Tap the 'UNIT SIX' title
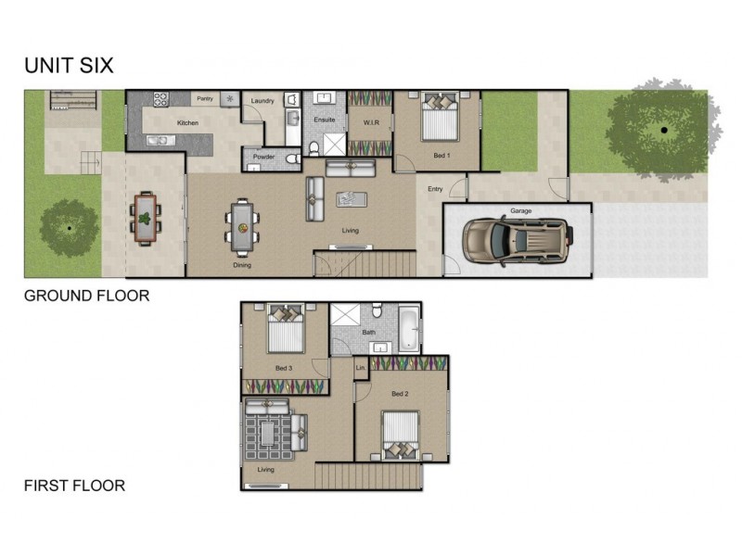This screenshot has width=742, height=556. click(x=68, y=66)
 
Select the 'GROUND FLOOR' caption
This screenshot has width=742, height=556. click(x=86, y=297)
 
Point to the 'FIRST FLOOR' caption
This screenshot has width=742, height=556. click(x=74, y=485)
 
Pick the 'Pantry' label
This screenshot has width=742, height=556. click(x=205, y=98)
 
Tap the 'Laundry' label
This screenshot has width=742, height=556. click(x=262, y=101)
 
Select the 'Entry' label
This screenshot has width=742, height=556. click(x=434, y=189)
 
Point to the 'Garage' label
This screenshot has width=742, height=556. click(x=520, y=211)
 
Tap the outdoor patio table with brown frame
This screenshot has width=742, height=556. click(x=146, y=219)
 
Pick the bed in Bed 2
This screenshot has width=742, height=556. click(x=401, y=436)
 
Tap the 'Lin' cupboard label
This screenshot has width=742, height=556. click(x=360, y=368)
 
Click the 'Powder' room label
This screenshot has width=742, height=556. click(x=264, y=158)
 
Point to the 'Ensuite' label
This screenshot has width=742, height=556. click(x=324, y=120)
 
